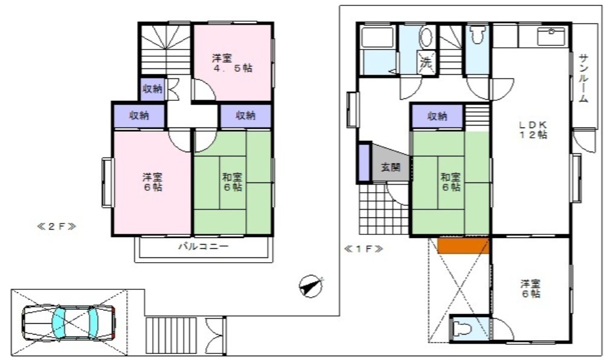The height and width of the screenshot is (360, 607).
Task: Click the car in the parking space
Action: pos(68,321)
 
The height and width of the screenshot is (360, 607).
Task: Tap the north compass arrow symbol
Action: pos(310,286)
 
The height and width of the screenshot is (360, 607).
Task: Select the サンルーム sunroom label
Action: pos(583,78)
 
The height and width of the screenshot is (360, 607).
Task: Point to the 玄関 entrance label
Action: pos(390,167)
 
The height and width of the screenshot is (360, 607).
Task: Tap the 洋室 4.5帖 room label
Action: pos(232,63)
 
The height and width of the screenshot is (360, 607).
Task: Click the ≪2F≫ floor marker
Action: pos(56,227)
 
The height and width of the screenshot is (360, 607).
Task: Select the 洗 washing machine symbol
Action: pos(426,61)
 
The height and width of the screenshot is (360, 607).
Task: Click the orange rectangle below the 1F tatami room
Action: pos(463,245)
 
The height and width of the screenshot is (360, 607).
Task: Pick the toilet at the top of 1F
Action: pos(477,36)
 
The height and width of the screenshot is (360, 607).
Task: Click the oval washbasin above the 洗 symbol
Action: pos(426,37)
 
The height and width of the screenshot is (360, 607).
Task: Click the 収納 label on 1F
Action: pos(437,117)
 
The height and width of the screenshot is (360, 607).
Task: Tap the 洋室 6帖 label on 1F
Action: pos(530,289)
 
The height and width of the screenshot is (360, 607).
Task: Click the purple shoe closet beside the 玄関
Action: pos(364,162)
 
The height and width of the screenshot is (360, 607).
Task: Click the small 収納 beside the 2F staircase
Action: pos(152,89)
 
